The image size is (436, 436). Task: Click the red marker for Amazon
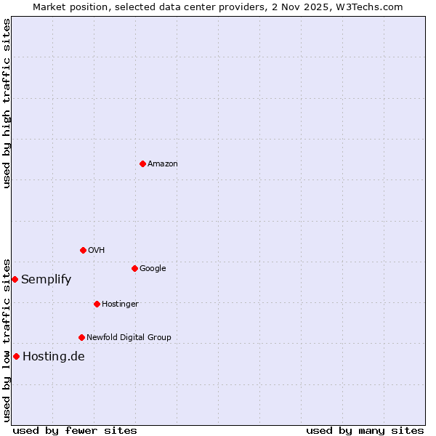(142, 163)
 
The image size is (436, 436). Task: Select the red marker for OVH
(83, 250)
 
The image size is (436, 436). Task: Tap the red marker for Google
(134, 268)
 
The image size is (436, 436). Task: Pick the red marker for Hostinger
(97, 304)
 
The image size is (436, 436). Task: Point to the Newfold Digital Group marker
(81, 337)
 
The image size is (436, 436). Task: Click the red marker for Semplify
(15, 279)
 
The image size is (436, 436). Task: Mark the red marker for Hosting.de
(16, 356)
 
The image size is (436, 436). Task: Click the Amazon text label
(163, 164)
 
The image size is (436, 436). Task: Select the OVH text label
(97, 251)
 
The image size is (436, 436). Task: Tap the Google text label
(153, 269)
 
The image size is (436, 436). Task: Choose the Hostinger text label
(120, 304)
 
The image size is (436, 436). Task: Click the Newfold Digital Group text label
(129, 338)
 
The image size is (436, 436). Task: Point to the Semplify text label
(46, 280)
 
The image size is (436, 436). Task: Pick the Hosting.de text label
(54, 357)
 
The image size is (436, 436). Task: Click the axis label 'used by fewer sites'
(75, 431)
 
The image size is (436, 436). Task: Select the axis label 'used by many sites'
(365, 431)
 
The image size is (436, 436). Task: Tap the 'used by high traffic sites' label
(7, 103)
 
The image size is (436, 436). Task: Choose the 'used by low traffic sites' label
(7, 339)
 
